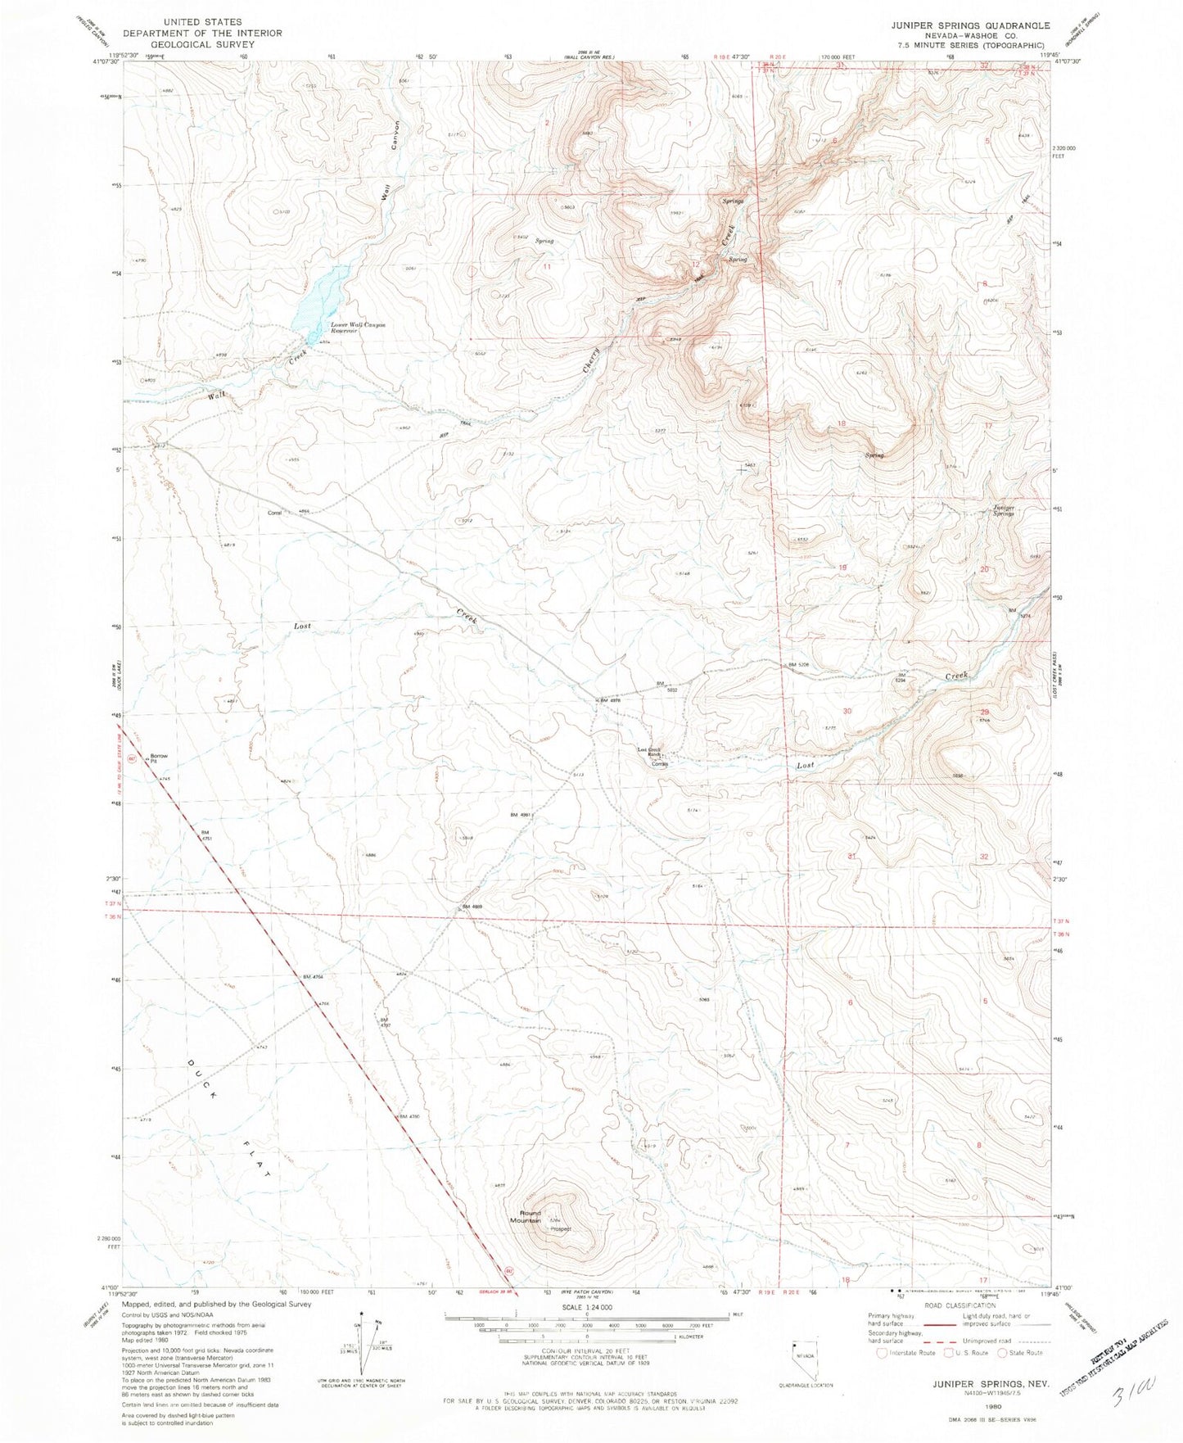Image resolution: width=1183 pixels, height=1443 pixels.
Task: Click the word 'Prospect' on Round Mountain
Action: click(560, 1229)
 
